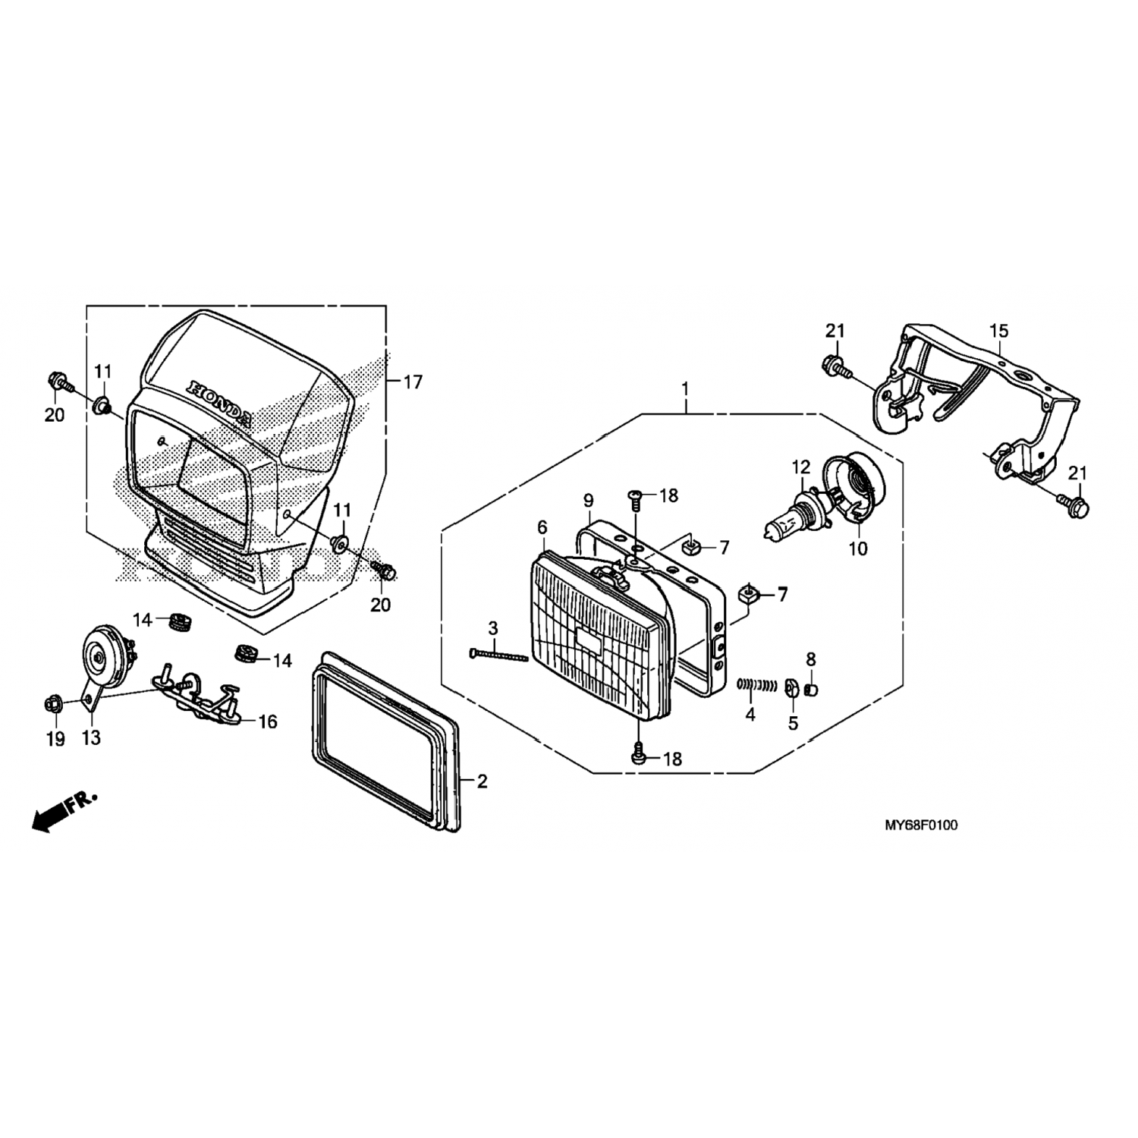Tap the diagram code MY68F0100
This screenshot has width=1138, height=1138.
(920, 825)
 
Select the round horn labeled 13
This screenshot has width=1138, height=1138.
(106, 652)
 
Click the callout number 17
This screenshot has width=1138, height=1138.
(413, 382)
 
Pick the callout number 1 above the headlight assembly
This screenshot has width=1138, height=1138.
(685, 389)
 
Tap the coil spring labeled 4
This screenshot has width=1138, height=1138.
(757, 685)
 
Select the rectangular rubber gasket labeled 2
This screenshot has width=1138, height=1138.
(386, 740)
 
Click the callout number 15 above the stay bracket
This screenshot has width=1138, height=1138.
(999, 332)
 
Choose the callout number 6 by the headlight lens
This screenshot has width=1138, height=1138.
(542, 527)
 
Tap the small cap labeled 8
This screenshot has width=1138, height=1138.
(811, 689)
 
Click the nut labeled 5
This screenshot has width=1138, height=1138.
(790, 687)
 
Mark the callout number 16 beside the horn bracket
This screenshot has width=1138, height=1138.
(268, 721)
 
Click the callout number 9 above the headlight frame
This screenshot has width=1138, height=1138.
(588, 501)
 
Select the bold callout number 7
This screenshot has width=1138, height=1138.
(782, 594)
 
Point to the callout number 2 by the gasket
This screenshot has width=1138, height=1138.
(483, 781)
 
